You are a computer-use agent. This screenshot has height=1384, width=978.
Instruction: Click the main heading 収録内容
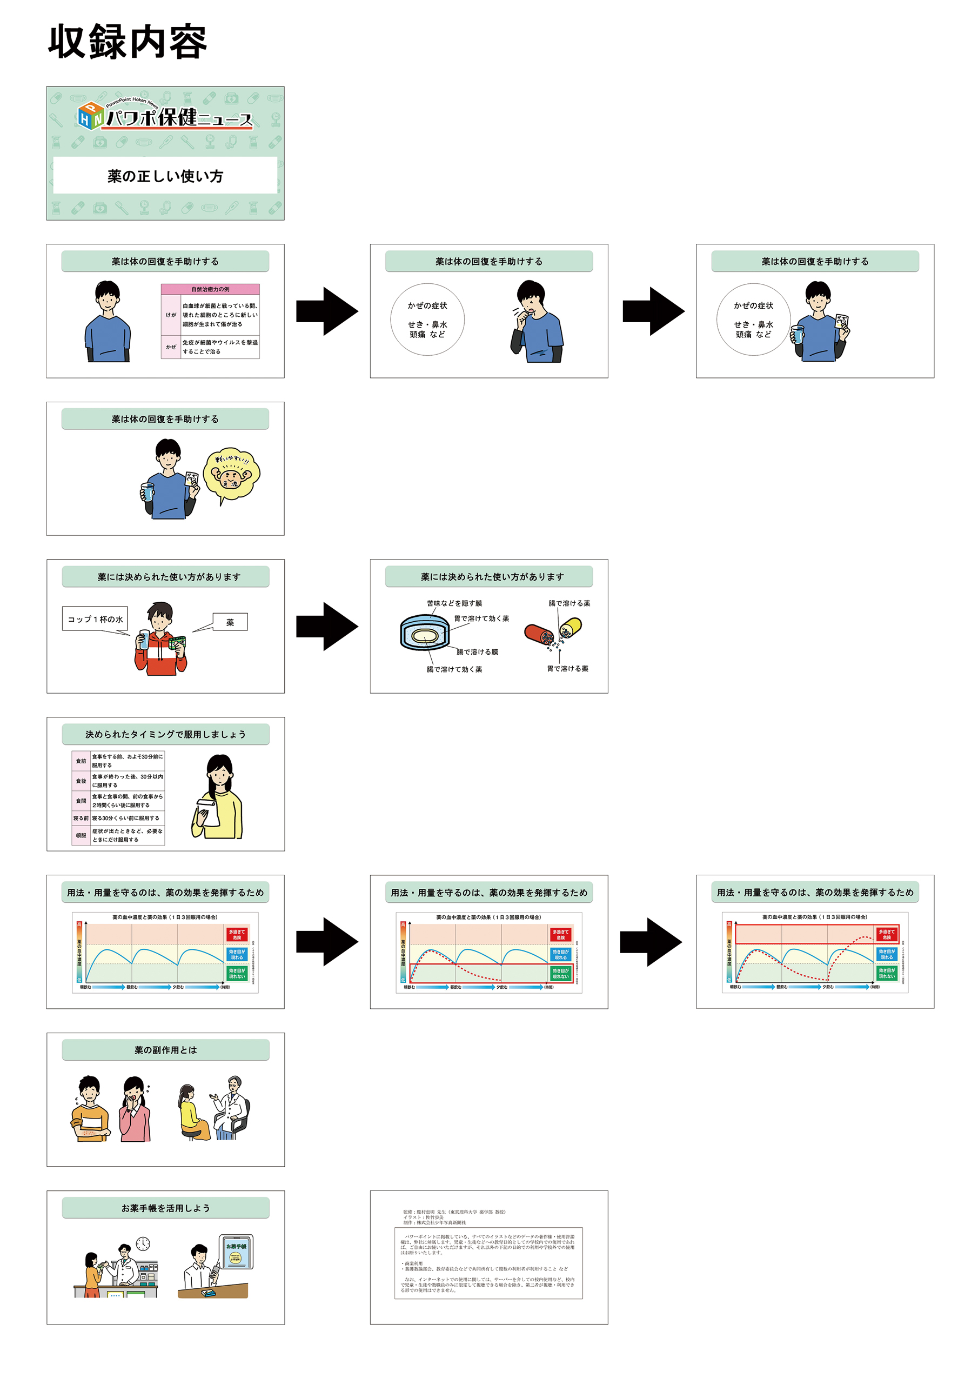click(127, 42)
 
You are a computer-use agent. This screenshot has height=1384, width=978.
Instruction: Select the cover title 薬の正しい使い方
click(165, 176)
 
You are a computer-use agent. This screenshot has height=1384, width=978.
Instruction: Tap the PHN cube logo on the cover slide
click(90, 115)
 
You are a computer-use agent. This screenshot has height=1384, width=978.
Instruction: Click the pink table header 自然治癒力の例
click(210, 289)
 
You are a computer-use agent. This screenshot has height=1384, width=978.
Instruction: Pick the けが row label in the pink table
click(171, 315)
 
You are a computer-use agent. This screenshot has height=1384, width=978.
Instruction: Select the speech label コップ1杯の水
click(95, 619)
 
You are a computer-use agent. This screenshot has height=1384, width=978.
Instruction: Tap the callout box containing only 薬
click(230, 622)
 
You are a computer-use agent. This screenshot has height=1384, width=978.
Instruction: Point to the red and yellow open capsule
click(553, 633)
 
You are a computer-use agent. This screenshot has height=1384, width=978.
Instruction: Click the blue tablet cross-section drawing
click(425, 633)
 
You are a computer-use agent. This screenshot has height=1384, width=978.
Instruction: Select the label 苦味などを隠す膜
click(454, 603)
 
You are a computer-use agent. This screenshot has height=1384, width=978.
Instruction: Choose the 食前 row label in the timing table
click(81, 761)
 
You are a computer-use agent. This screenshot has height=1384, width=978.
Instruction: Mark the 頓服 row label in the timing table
click(81, 835)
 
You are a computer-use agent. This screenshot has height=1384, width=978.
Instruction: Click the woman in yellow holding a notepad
click(218, 797)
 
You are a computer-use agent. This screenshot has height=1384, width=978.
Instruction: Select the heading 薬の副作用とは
click(165, 1050)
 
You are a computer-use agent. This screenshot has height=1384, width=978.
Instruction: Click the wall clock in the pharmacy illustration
click(143, 1243)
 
